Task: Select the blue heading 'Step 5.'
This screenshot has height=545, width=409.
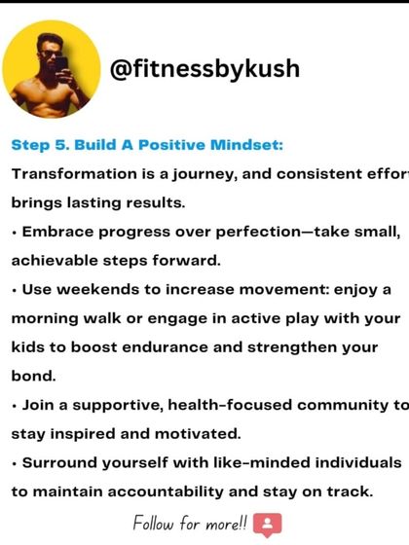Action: click(38, 145)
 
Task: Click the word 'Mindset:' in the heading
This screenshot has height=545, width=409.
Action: click(248, 145)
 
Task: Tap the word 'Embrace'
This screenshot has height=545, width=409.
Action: click(58, 232)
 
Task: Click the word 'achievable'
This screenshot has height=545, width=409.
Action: click(57, 261)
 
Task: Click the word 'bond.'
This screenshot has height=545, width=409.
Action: click(34, 377)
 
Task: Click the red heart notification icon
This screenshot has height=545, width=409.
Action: click(266, 525)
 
